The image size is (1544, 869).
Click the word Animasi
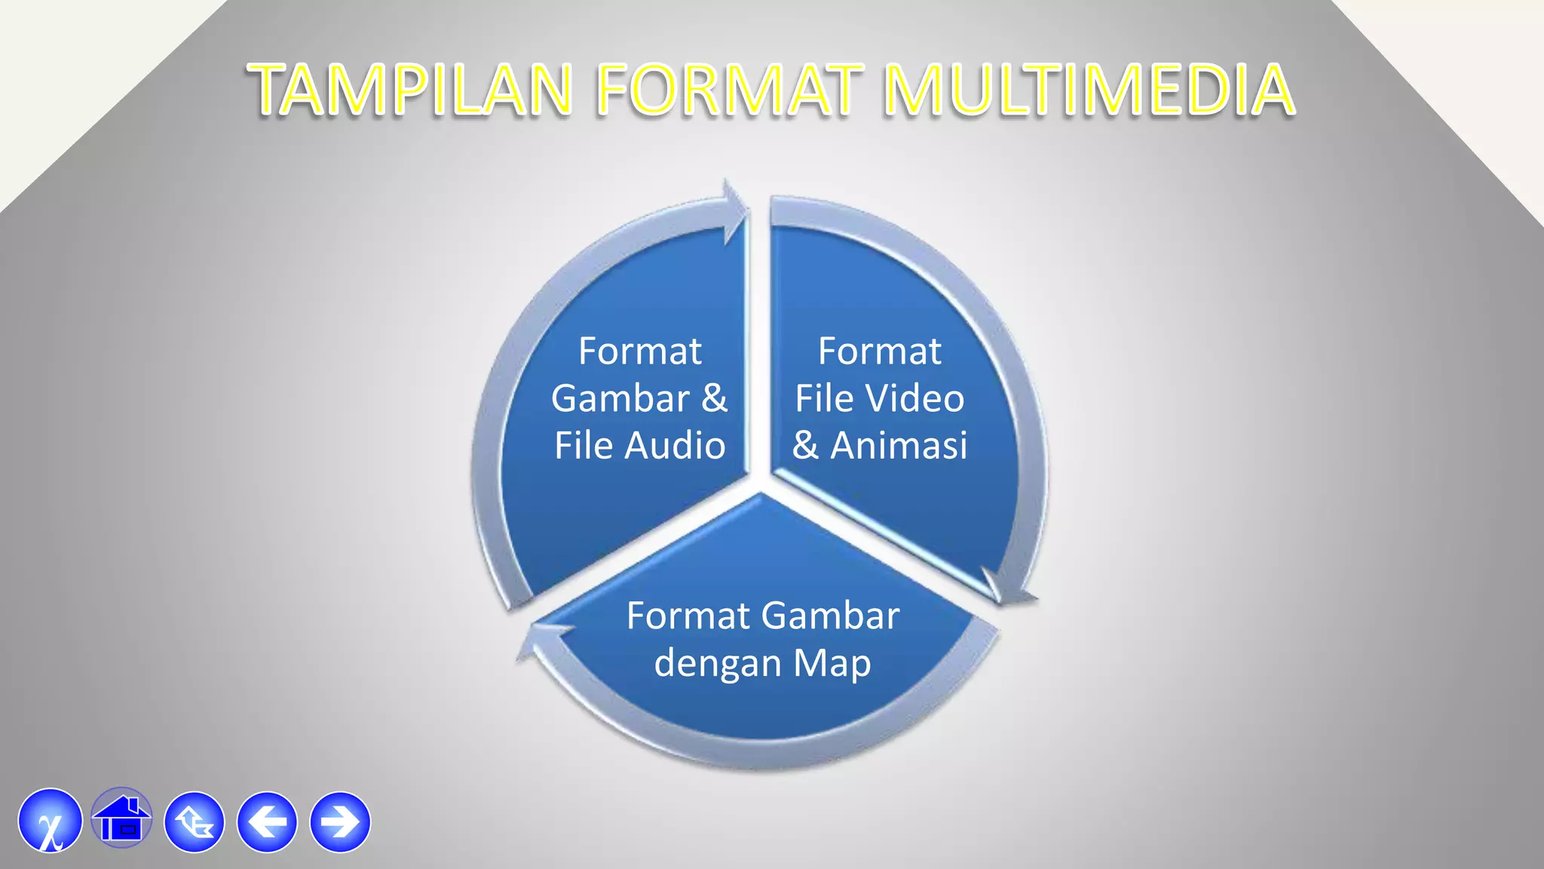click(899, 445)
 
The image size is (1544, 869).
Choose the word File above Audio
click(584, 445)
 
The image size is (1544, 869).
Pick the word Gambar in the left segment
click(620, 398)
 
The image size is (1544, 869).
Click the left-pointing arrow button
click(267, 821)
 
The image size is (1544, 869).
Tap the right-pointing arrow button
click(340, 821)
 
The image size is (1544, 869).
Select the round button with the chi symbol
click(51, 821)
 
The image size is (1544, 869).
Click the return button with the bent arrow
click(195, 821)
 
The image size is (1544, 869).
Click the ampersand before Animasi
click(805, 445)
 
